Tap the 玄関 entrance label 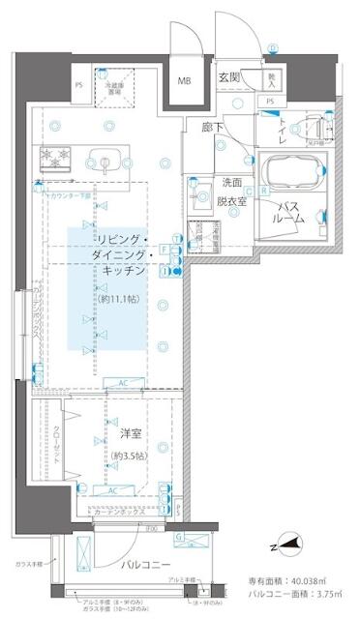click(x=230, y=77)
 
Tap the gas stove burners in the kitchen click(x=55, y=156)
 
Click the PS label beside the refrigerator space click(x=78, y=84)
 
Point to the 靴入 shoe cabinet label click(x=273, y=76)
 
